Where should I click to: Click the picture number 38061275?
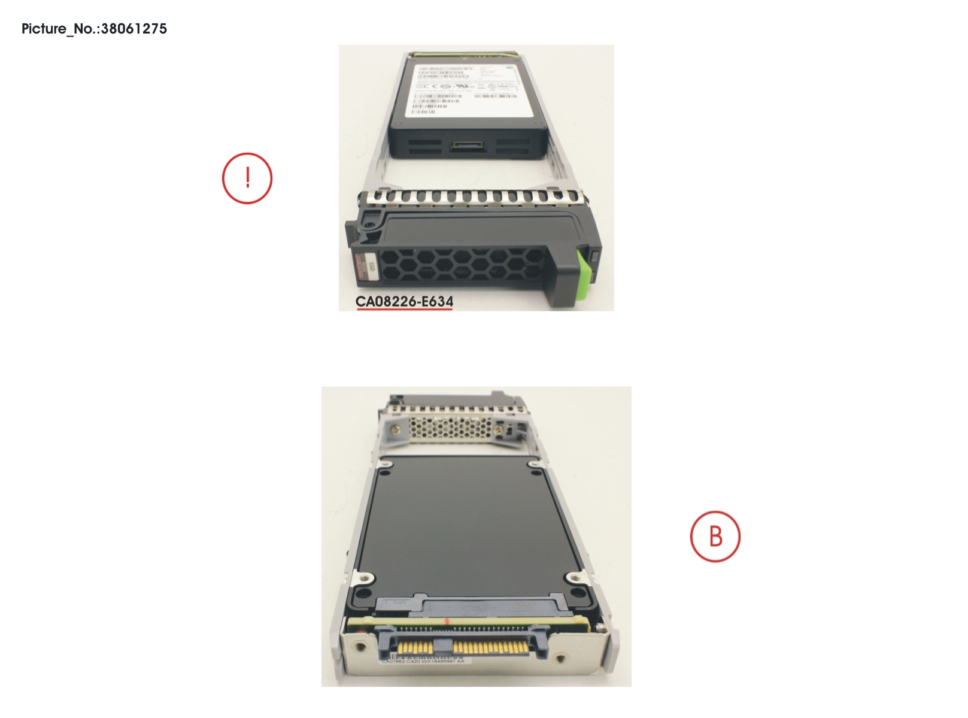pyautogui.click(x=134, y=29)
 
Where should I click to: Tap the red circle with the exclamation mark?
pyautogui.click(x=247, y=178)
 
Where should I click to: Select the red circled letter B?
pyautogui.click(x=715, y=537)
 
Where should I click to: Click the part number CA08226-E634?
pyautogui.click(x=404, y=301)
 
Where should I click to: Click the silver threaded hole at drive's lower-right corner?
pyautogui.click(x=575, y=578)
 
